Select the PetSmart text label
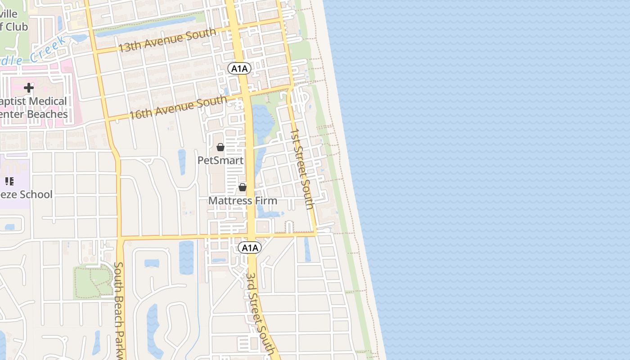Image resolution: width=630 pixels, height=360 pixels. (x=220, y=160)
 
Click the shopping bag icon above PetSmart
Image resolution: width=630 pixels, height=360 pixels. (x=220, y=147)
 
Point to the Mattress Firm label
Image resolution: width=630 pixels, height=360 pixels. (x=243, y=200)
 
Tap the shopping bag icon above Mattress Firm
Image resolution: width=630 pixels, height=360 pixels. (x=243, y=187)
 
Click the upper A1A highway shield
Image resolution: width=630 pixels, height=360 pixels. (x=239, y=68)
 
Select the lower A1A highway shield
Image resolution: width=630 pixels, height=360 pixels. (x=250, y=247)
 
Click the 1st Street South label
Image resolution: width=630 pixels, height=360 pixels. (x=301, y=169)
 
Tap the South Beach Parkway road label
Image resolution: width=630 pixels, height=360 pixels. (x=119, y=310)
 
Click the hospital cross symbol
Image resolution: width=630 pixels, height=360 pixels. (x=29, y=88)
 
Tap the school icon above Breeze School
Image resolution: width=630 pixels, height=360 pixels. (x=9, y=181)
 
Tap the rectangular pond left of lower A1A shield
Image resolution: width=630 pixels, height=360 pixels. (x=186, y=257)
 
